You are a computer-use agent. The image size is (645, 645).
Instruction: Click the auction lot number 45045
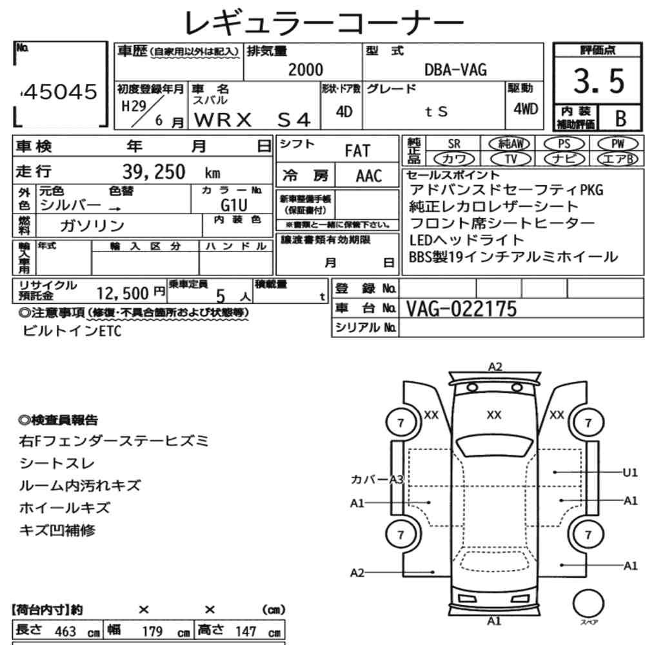(61, 92)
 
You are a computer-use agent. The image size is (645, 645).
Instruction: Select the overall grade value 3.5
(599, 81)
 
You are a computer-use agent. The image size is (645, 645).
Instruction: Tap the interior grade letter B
(620, 119)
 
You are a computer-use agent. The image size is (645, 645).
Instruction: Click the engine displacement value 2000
(306, 70)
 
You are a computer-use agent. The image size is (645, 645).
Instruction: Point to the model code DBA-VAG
(455, 70)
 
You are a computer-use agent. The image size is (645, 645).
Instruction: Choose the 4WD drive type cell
(526, 109)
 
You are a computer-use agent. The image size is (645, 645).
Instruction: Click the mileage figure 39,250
(154, 172)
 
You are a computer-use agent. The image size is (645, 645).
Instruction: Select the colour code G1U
(234, 205)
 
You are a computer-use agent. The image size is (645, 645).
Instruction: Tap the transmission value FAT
(357, 151)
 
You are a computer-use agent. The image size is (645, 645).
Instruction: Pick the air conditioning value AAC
(369, 176)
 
